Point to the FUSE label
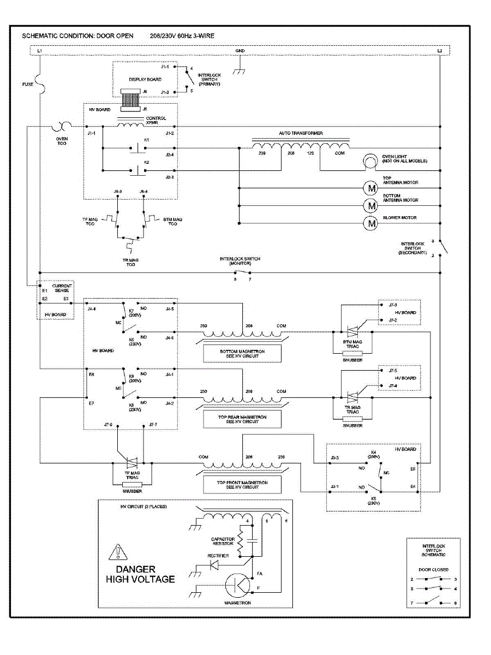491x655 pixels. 27,85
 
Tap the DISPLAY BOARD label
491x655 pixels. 145,80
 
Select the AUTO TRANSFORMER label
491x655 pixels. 301,133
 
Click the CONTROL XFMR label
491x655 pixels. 156,121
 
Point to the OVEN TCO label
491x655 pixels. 62,141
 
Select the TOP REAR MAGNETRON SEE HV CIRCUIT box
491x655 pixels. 242,419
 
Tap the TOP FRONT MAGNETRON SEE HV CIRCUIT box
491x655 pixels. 242,484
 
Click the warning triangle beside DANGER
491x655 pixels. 118,552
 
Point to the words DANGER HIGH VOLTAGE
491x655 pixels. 140,574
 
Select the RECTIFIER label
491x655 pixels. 218,556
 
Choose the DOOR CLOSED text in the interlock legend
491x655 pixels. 434,570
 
